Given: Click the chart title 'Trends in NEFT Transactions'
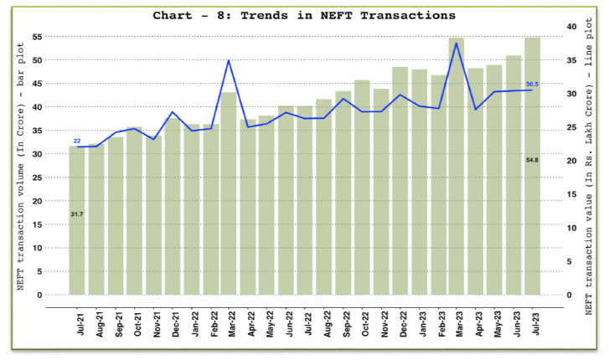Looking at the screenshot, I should click(x=304, y=15).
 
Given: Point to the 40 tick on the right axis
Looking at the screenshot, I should click(x=569, y=27).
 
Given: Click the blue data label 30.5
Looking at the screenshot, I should click(x=532, y=84).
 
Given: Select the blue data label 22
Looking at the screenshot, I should click(x=76, y=141).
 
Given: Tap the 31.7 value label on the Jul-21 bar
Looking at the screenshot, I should click(x=77, y=214).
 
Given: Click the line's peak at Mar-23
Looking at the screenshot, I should click(x=456, y=44).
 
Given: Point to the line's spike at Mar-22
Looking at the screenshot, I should click(x=229, y=60).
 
